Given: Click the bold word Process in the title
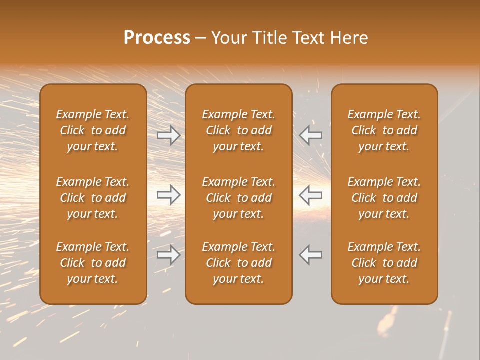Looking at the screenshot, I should point(157,38).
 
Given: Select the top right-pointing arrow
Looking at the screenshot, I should point(169,135).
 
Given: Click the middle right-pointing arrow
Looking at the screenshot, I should point(169,195).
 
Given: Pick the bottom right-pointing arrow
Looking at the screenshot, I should point(169,255).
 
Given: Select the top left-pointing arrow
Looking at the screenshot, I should point(311,135).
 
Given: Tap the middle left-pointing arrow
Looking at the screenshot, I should point(311,195).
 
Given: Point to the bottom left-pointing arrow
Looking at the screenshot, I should point(311,255).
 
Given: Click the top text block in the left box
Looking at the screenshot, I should point(93,130).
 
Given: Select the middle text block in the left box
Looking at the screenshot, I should point(93,198).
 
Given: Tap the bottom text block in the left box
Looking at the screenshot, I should point(93,263).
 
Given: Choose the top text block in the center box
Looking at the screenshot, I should point(239,130).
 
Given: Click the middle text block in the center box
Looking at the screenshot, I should point(239,198).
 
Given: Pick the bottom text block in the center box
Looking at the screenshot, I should point(239,263).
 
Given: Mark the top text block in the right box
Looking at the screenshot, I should point(384,130).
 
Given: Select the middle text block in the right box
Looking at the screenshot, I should point(384,198).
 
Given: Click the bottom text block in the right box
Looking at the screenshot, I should point(384,263).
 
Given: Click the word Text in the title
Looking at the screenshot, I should point(309,38).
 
